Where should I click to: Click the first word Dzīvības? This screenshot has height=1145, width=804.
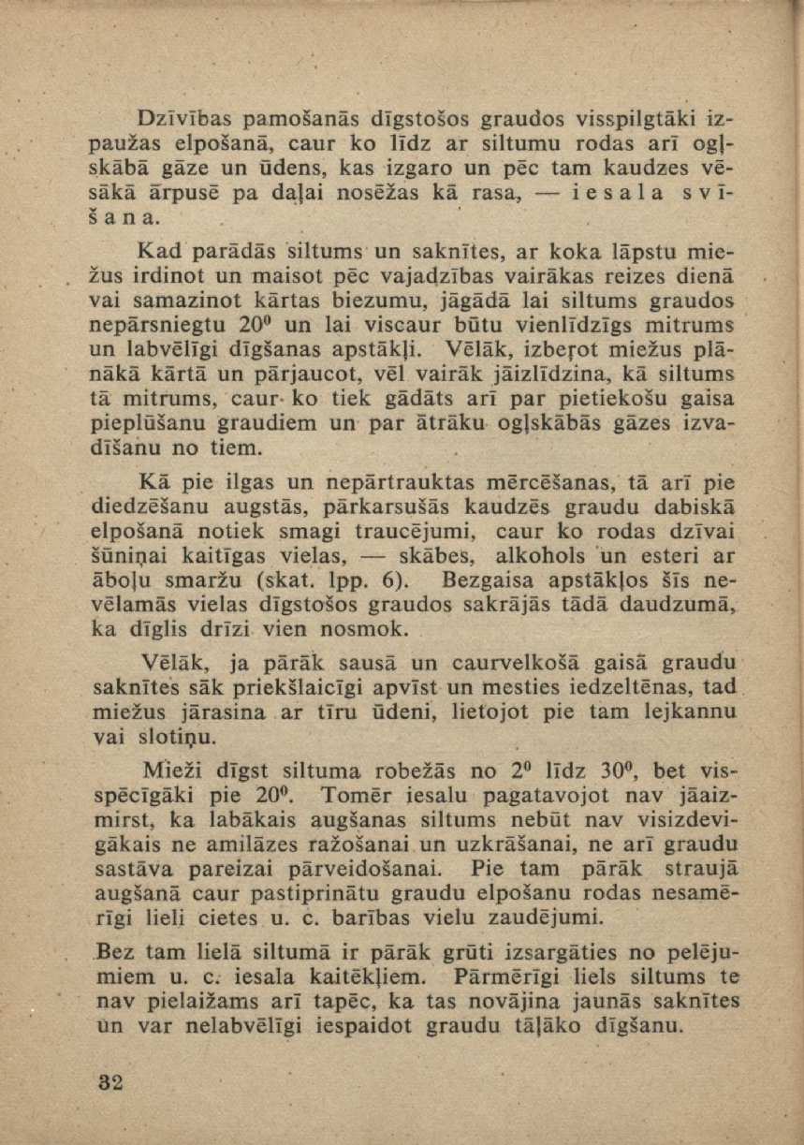coord(183,120)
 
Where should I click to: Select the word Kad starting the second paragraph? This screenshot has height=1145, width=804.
coord(155,252)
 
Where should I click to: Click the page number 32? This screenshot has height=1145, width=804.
coord(111,1082)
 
